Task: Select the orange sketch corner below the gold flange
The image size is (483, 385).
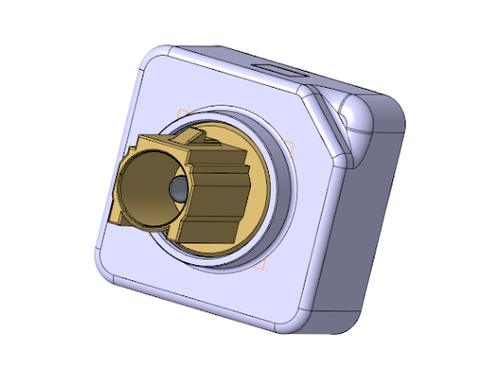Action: (255, 270)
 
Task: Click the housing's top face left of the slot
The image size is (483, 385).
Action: (217, 57)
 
